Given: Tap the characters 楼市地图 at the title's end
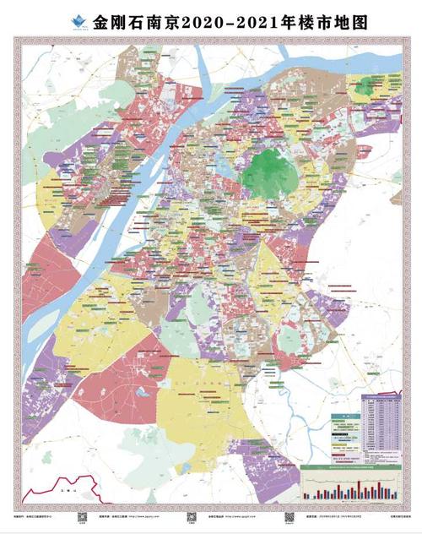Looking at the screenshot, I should [308, 19].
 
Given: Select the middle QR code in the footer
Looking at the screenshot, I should [190, 516].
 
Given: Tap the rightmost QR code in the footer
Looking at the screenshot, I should [288, 516].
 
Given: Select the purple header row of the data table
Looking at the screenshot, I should [381, 396].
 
